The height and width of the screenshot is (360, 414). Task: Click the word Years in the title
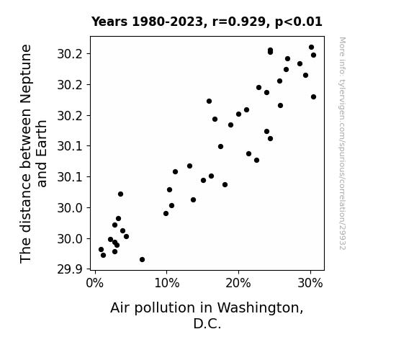point(109,22)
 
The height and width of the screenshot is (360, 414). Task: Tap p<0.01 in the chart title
point(299,22)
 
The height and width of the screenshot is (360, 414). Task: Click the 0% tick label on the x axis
point(95,283)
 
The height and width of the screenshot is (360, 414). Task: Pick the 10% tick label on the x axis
point(167,283)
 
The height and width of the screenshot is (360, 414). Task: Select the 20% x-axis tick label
point(238,283)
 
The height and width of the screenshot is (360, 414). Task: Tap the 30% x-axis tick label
point(310,283)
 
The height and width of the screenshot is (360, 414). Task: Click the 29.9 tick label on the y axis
point(70,269)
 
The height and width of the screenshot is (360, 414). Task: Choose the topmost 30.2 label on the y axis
point(70,54)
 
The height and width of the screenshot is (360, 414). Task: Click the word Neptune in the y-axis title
point(26,74)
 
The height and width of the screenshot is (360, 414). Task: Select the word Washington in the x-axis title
point(261,308)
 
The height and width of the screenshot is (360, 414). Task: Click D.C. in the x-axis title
point(207,323)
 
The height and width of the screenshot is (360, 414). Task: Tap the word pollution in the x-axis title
point(166,308)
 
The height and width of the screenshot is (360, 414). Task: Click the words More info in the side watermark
point(342,58)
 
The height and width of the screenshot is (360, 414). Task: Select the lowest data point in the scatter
point(142,260)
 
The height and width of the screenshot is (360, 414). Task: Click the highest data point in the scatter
point(311,48)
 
